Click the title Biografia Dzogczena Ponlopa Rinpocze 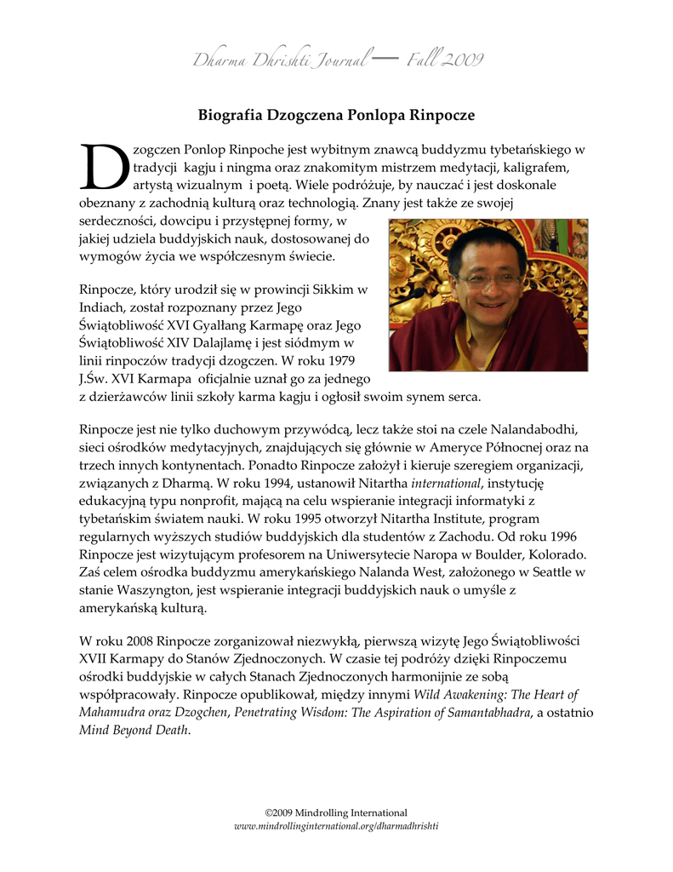click(336, 114)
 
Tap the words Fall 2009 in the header click(445, 59)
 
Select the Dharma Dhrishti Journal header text click(280, 60)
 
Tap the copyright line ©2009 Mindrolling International click(336, 812)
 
